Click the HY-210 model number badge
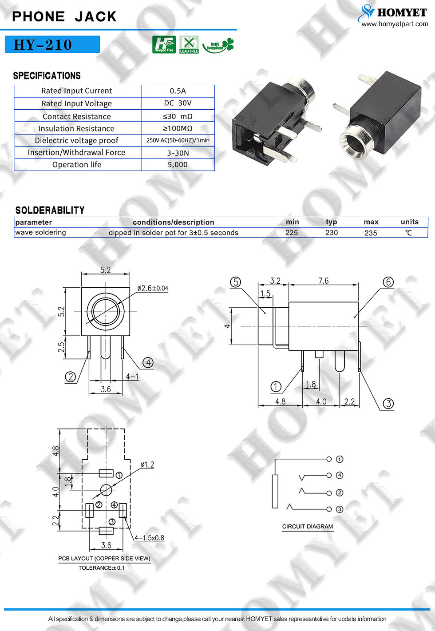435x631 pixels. [52, 44]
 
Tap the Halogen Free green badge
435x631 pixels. [164, 44]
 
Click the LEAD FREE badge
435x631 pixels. [189, 44]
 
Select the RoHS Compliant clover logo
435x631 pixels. [218, 45]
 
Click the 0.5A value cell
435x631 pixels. [178, 91]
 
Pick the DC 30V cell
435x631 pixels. [178, 103]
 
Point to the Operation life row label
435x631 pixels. [77, 164]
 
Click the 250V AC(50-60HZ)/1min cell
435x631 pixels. [178, 140]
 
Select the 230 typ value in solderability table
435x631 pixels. [332, 233]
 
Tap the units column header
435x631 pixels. [410, 222]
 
